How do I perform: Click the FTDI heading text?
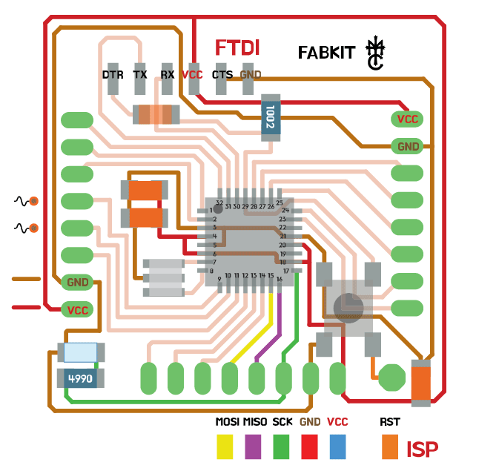pyautogui.click(x=237, y=48)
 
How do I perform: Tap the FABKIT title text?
pyautogui.click(x=328, y=53)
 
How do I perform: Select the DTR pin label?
pyautogui.click(x=113, y=75)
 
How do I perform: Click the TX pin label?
pyautogui.click(x=140, y=75)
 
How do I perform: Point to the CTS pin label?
pyautogui.click(x=222, y=75)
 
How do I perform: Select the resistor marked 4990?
pyautogui.click(x=80, y=378)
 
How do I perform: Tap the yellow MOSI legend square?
pyautogui.click(x=225, y=447)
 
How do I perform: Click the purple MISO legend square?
pyautogui.click(x=253, y=447)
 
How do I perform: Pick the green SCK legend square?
pyautogui.click(x=282, y=447)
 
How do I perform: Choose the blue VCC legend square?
pyautogui.click(x=338, y=447)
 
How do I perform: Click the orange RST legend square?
pyautogui.click(x=390, y=447)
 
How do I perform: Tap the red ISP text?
pyautogui.click(x=422, y=449)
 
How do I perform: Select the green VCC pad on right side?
pyautogui.click(x=407, y=119)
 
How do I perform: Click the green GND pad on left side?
pyautogui.click(x=78, y=282)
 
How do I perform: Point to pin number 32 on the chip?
pyautogui.click(x=219, y=202)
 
